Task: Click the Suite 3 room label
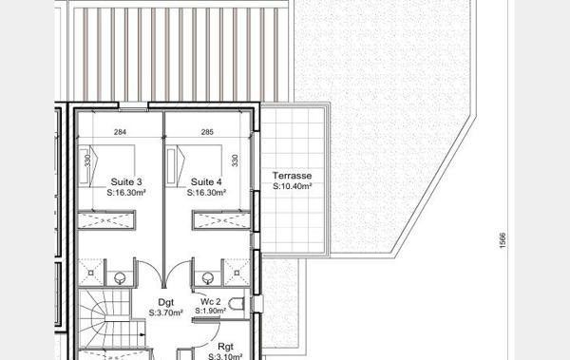(126, 181)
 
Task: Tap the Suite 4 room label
(206, 181)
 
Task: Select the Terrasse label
(291, 177)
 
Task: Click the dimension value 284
(120, 133)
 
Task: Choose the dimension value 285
(207, 133)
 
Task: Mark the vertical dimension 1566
(503, 241)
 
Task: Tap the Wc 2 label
(211, 302)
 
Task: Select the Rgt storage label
(225, 348)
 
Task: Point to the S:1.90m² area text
(211, 312)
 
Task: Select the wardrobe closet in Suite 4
(220, 222)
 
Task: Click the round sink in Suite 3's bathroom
(120, 278)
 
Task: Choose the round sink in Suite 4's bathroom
(208, 278)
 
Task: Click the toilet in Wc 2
(237, 304)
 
